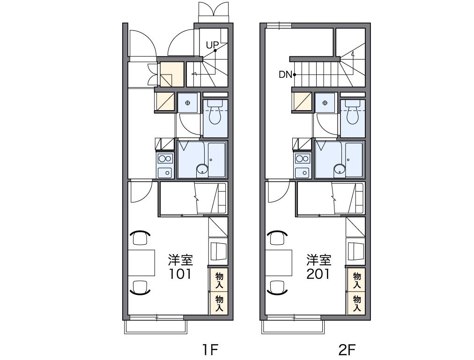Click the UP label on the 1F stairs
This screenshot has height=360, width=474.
coord(212,45)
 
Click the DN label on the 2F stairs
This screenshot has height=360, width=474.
coord(285,75)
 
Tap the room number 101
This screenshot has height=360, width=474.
coord(180,274)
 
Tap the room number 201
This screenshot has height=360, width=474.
coord(318,274)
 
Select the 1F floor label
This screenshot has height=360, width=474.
coord(210,350)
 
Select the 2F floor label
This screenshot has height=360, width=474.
coord(347,350)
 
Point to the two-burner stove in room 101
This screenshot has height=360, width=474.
coord(165,158)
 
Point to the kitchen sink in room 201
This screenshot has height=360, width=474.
coord(303,173)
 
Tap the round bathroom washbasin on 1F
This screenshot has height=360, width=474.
coord(202,170)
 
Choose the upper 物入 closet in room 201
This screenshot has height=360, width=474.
coord(357,279)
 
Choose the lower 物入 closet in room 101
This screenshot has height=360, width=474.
coord(219,303)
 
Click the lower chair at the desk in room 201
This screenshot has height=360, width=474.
coord(277,287)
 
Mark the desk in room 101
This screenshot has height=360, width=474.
coord(141,262)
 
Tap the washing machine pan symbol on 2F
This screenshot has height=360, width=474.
coord(325,103)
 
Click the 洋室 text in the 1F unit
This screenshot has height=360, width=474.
coord(180,260)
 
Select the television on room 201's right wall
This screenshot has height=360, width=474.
coord(356,251)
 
